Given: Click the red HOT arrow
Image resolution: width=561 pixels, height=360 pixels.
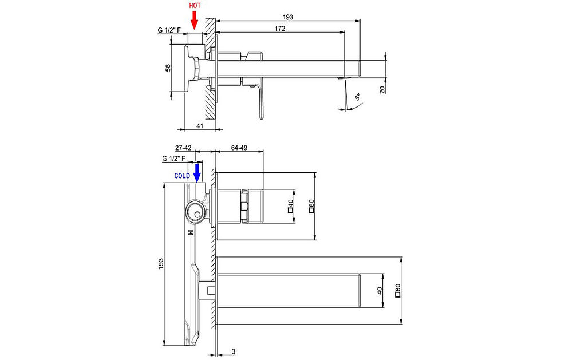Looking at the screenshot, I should tap(194, 21).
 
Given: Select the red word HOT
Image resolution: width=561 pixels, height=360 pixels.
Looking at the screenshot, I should tap(195, 5).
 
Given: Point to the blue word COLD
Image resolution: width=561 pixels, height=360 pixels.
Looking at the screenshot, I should tap(183, 176).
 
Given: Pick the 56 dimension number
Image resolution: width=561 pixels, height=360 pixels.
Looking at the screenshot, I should tap(168, 68).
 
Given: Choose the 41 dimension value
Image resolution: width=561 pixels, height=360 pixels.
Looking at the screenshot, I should tap(200, 125).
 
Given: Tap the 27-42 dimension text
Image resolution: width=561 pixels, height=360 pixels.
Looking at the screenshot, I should tap(183, 147).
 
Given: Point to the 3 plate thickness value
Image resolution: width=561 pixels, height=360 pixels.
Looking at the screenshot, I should tap(234, 350).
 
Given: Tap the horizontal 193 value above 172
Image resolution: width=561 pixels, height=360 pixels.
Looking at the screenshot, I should tap(288, 17).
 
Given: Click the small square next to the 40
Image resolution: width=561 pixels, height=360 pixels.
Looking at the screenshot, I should tap(291, 211).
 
